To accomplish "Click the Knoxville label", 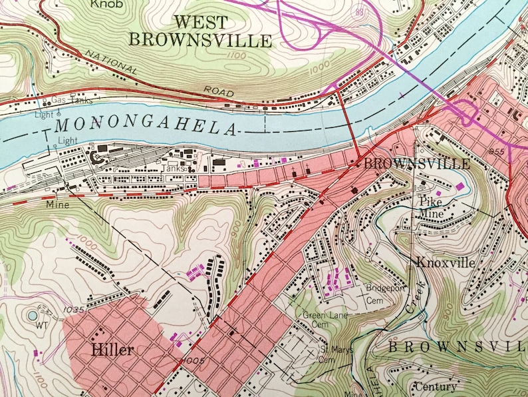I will click(445, 262).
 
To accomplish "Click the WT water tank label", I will click(43, 326).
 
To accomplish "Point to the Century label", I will click(436, 386).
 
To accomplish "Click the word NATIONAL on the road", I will click(111, 61).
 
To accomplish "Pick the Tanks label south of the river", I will click(174, 168).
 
